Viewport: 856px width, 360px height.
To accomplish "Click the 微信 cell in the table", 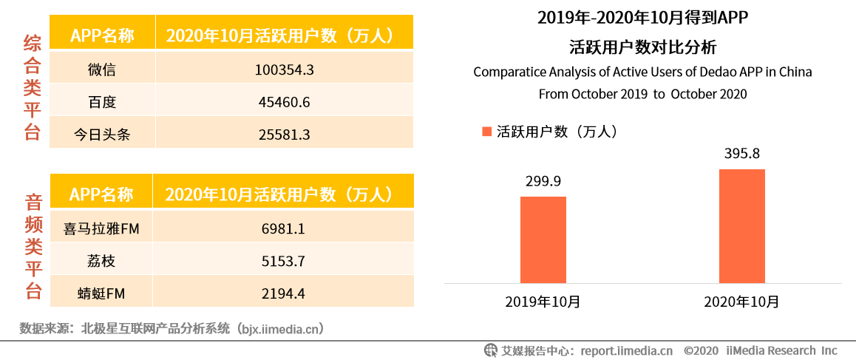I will coord(101,69).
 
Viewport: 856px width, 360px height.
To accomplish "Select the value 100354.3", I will coord(285,69).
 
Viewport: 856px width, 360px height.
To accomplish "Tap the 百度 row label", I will coord(101,102).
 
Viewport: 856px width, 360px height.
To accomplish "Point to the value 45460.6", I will coord(285,102).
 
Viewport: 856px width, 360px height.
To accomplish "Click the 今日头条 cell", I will coord(101,135).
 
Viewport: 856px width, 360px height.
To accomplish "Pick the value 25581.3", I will coord(285,135).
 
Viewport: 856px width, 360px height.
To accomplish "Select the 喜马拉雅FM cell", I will coord(101,229).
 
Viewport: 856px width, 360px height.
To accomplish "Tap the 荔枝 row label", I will coord(101,261).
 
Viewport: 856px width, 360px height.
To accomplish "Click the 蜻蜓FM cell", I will coord(101,293).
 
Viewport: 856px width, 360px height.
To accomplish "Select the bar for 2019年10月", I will coord(543,240).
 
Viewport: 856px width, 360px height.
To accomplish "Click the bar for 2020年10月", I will coord(741,225).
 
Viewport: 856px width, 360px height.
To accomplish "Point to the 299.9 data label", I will coord(543,183).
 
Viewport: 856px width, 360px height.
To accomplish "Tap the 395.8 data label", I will coord(741,154).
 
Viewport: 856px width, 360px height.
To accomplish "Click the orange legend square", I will coord(486,132).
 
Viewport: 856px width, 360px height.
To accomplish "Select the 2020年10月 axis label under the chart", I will coord(741,302).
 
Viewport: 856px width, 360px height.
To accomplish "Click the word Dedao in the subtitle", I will coord(691,72).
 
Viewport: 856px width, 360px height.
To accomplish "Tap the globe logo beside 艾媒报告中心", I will coord(490,350).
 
